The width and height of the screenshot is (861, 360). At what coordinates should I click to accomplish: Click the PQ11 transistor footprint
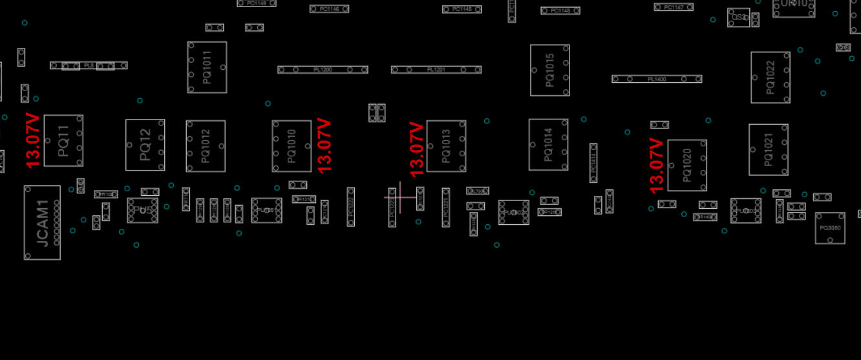[63, 141]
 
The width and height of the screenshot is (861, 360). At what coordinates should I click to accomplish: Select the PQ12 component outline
[145, 145]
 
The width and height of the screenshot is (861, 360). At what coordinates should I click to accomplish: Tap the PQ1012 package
[206, 146]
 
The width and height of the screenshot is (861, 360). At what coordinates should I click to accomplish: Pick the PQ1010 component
[292, 146]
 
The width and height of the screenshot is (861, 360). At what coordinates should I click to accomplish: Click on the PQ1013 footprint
[446, 146]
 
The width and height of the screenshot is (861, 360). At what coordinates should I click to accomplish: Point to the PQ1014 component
[548, 145]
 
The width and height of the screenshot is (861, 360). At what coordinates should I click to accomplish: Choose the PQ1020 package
[686, 165]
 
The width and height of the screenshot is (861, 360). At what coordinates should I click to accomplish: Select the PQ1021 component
[768, 150]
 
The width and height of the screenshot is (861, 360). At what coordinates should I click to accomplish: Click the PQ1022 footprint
[770, 78]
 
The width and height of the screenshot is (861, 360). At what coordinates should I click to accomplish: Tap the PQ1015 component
[549, 70]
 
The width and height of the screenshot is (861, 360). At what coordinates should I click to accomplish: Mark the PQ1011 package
[207, 67]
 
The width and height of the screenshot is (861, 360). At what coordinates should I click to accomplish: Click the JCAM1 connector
[42, 223]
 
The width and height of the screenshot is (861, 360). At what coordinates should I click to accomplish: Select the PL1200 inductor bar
[323, 70]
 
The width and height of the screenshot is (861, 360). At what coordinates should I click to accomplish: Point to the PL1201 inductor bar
[436, 70]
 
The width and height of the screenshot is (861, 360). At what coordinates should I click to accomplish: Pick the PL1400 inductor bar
[657, 79]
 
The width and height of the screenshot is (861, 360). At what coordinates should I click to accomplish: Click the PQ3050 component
[829, 228]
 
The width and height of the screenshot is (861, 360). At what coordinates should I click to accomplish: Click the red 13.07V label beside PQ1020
[657, 165]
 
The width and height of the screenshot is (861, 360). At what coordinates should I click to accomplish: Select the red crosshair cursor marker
[399, 197]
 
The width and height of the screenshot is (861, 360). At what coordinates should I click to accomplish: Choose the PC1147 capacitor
[674, 7]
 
